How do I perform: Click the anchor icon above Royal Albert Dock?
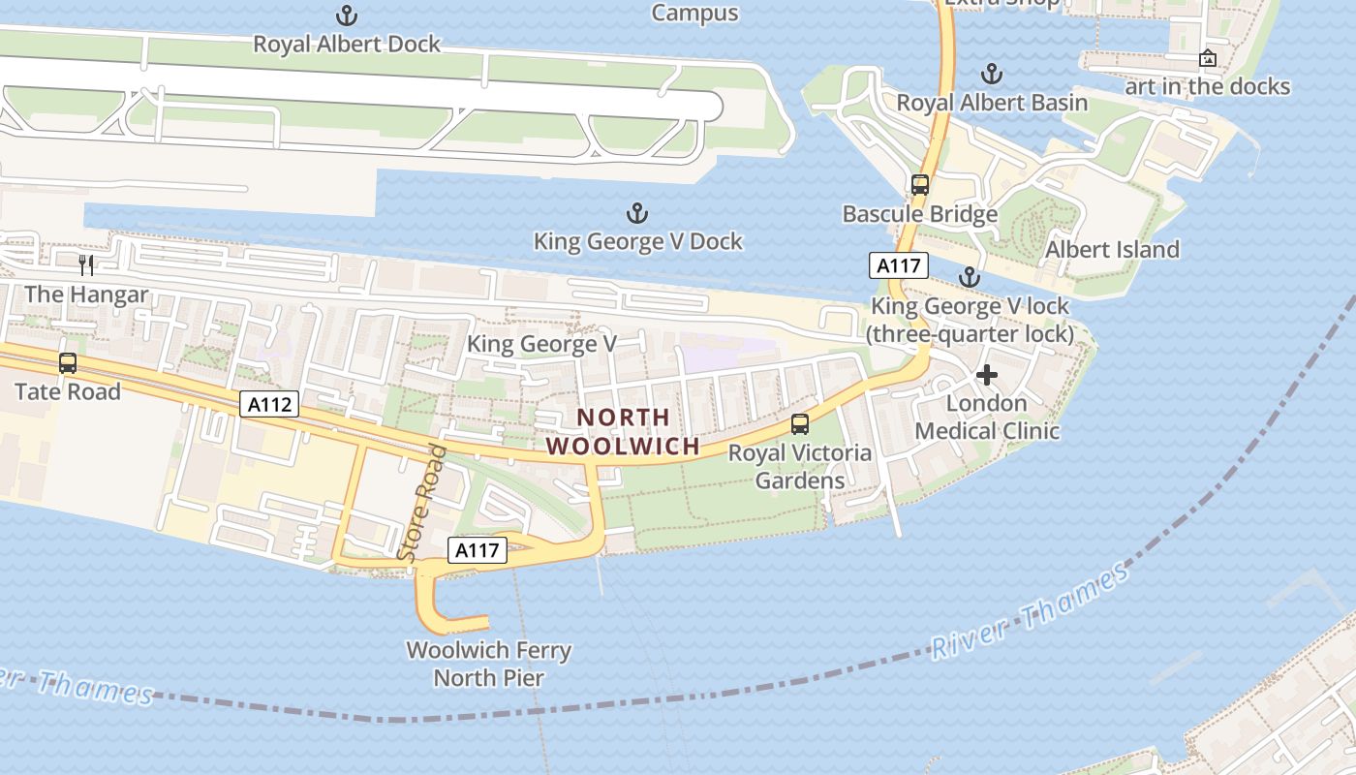(x=346, y=15)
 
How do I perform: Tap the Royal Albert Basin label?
(x=992, y=102)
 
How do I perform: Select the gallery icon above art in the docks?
(x=1207, y=58)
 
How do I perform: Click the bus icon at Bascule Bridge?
(x=919, y=184)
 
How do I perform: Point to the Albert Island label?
(x=1112, y=249)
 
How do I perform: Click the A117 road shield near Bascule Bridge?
(x=898, y=265)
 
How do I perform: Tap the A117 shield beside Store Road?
(x=478, y=550)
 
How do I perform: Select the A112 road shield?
(x=269, y=404)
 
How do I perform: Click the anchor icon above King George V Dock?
(x=636, y=213)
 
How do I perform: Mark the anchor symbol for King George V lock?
(x=969, y=277)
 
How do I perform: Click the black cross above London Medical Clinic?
(x=987, y=375)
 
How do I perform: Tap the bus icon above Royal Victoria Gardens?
(x=800, y=423)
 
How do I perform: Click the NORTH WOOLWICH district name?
(x=623, y=432)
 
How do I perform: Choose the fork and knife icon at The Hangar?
(x=86, y=264)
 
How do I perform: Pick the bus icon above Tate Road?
(x=67, y=363)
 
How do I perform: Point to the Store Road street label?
(x=423, y=503)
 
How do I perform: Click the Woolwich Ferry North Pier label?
(x=488, y=664)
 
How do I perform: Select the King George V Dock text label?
(x=638, y=241)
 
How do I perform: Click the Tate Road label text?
(x=67, y=391)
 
